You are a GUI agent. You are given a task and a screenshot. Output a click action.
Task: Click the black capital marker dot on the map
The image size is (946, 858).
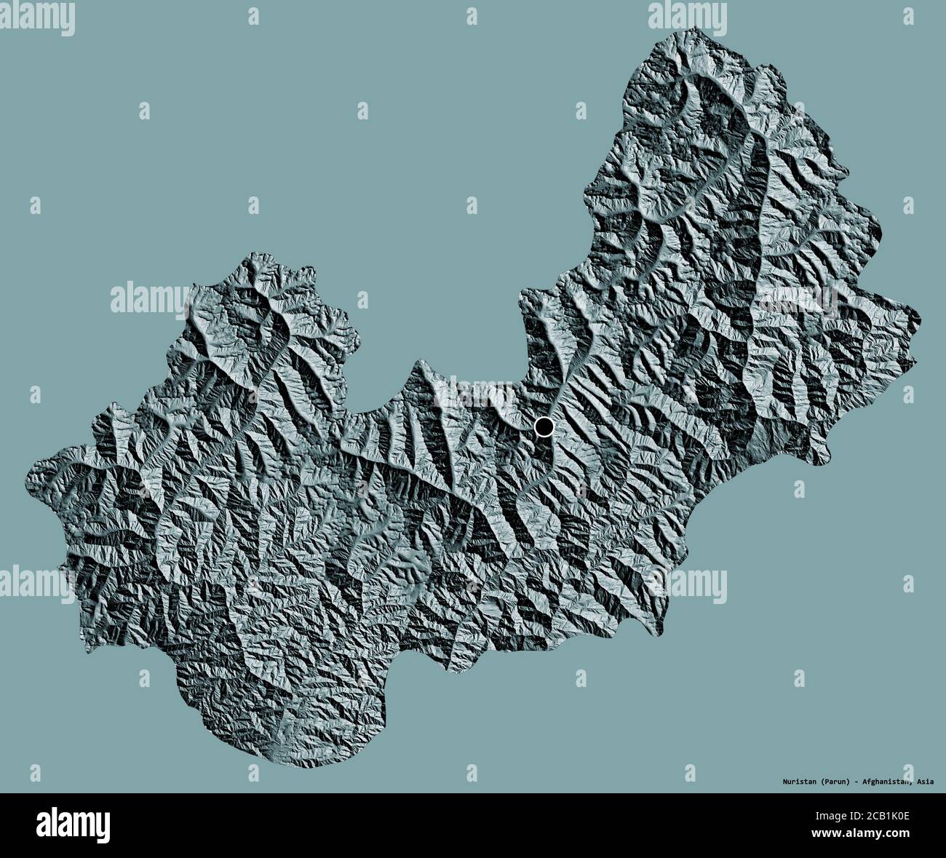coord(544,426)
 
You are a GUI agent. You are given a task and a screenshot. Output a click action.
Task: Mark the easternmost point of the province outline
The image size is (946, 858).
coord(920,318)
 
